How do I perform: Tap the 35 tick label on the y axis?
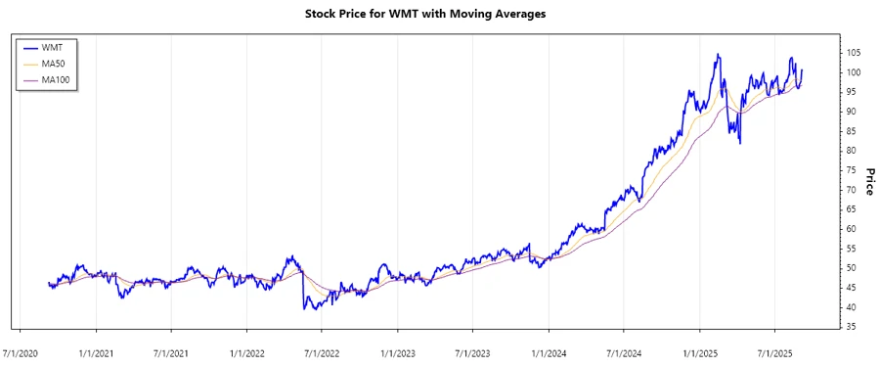click(x=854, y=326)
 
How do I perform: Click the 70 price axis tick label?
click(x=854, y=190)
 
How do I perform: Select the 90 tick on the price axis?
click(x=854, y=112)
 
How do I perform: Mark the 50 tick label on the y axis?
click(x=854, y=268)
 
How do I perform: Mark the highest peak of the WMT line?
click(x=718, y=55)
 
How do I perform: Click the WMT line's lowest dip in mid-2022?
click(x=306, y=309)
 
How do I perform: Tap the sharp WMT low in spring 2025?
click(x=740, y=144)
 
